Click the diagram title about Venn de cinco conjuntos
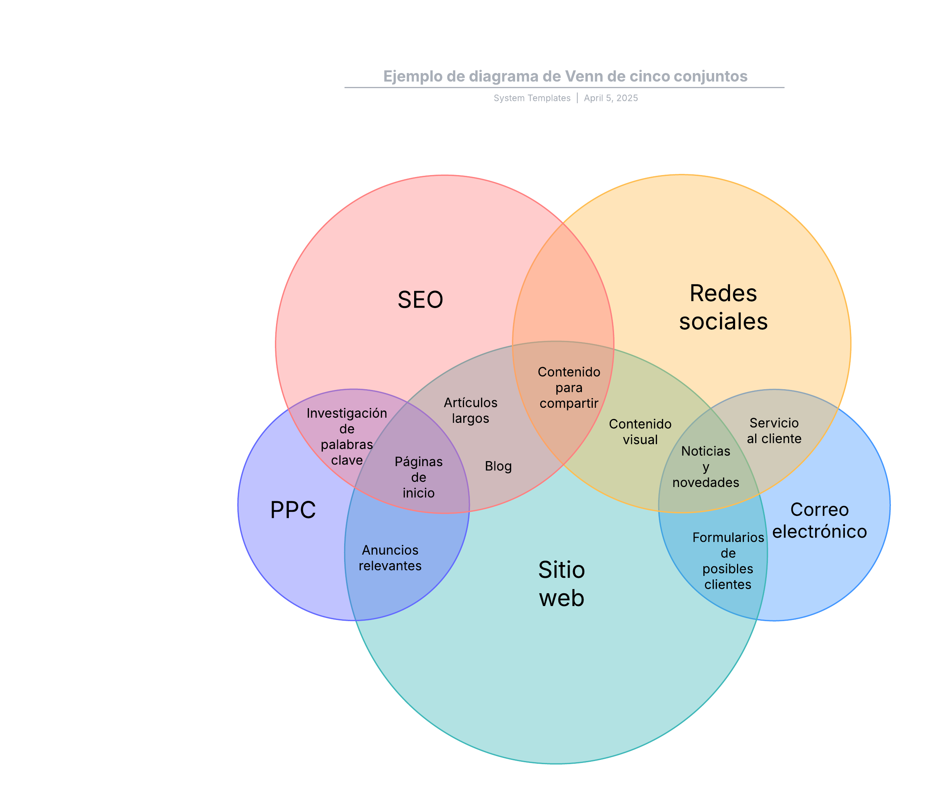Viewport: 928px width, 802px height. coord(565,76)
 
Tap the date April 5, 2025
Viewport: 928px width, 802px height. coord(611,98)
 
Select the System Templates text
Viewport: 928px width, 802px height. coord(532,98)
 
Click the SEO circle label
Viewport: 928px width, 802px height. coord(420,300)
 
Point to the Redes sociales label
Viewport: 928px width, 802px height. coord(723,308)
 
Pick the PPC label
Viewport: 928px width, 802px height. coord(293,509)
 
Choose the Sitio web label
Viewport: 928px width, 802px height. coord(562,584)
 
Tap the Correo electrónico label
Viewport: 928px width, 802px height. coord(819,520)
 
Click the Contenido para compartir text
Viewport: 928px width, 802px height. coord(569,388)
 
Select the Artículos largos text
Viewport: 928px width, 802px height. coord(470,410)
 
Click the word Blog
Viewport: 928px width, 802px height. coord(498,466)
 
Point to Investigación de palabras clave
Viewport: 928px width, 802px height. coord(347,437)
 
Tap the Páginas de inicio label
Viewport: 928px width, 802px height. coord(418,477)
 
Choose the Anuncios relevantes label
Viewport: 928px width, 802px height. coord(390,558)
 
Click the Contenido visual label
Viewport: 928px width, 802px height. coord(640,432)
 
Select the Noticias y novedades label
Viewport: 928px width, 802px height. coord(706,467)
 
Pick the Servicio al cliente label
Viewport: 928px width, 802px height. coord(774,431)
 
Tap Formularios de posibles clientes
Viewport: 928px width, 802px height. coord(728,561)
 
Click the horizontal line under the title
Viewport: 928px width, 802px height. coord(564,88)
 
